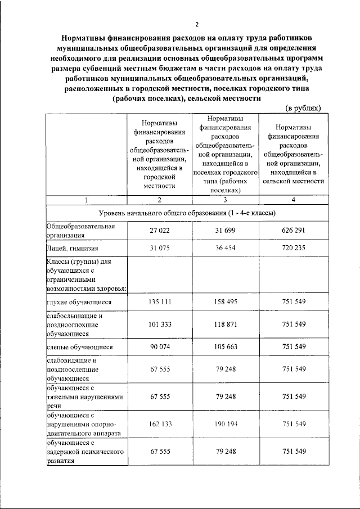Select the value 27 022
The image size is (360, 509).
click(x=160, y=231)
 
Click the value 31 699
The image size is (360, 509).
click(x=225, y=231)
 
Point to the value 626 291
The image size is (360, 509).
click(x=294, y=231)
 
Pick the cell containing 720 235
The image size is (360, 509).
click(x=294, y=248)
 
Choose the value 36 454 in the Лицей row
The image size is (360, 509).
click(x=225, y=248)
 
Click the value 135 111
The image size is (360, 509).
click(x=160, y=302)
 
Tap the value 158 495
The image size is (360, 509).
click(x=225, y=302)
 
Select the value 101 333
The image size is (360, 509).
click(x=160, y=325)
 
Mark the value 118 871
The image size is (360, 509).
click(x=225, y=325)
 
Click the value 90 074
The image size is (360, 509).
click(x=160, y=347)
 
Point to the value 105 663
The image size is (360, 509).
click(x=225, y=347)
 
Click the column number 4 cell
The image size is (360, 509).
click(x=293, y=200)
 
